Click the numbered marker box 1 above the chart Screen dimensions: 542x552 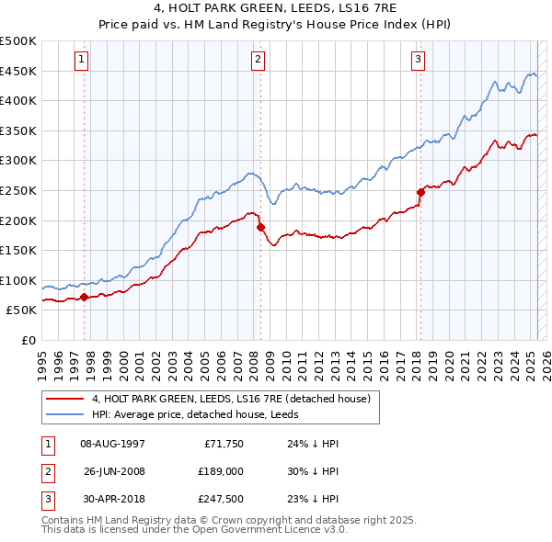82,60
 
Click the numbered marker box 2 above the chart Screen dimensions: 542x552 258,60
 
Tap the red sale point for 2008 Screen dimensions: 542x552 260,226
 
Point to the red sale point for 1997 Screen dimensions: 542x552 84,297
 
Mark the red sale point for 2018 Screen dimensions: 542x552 421,192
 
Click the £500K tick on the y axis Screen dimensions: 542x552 18,41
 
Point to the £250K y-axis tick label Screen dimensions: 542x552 18,190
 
